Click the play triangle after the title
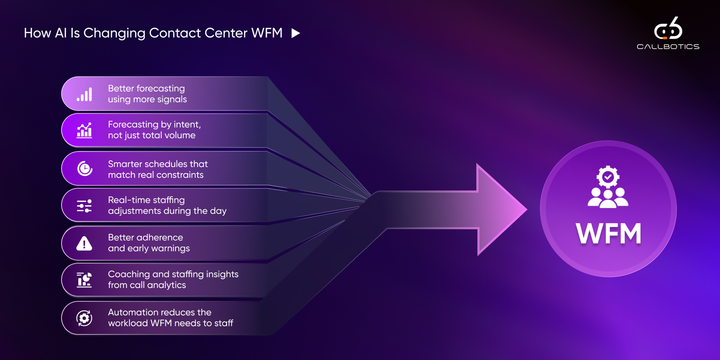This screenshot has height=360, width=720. click(295, 33)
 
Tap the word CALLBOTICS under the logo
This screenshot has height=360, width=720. click(668, 47)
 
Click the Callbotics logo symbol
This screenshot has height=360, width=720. click(668, 28)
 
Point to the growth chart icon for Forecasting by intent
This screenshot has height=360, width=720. click(84, 130)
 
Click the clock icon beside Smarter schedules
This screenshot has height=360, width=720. click(85, 169)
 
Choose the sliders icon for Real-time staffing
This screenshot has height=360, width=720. click(84, 206)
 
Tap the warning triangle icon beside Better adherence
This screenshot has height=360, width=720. click(84, 244)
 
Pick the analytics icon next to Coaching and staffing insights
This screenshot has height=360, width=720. click(84, 280)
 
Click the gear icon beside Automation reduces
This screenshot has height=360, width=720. click(84, 318)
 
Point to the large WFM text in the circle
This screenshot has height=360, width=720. click(608, 234)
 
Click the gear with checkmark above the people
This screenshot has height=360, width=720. click(608, 177)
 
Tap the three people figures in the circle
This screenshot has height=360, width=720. click(608, 198)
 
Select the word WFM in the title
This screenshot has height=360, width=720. click(267, 33)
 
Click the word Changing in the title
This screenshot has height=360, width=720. click(114, 33)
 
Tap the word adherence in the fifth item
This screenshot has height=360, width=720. click(160, 237)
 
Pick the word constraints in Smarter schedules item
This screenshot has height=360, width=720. click(180, 175)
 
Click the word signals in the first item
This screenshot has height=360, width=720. click(172, 99)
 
